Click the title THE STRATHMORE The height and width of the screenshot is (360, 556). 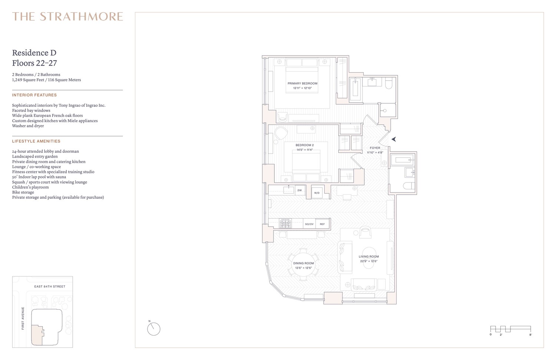pos(67,17)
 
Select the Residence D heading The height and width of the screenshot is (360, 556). pos(34,53)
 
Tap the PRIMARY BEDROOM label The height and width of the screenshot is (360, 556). pos(302,83)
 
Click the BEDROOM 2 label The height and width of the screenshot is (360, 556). pos(305,145)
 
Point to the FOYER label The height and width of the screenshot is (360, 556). pos(375,148)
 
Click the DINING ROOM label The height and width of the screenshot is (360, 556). pos(304,263)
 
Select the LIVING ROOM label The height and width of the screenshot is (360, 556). pos(369,257)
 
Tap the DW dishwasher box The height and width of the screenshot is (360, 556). pos(299,190)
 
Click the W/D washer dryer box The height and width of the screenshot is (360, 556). pos(317,193)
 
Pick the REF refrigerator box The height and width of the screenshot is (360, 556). pos(322,224)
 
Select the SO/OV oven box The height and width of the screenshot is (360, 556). pos(309,224)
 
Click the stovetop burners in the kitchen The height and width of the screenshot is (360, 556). pos(285,224)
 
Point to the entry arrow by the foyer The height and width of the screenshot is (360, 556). pos(394,139)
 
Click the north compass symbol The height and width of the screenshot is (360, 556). pos(154,329)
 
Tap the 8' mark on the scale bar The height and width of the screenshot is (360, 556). pos(530,335)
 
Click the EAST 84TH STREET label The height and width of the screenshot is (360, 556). pos(50,287)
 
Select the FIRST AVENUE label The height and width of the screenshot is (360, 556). pos(23,318)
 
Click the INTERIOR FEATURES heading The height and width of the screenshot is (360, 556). pos(34,95)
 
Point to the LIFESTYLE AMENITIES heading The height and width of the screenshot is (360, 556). pos(36,141)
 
